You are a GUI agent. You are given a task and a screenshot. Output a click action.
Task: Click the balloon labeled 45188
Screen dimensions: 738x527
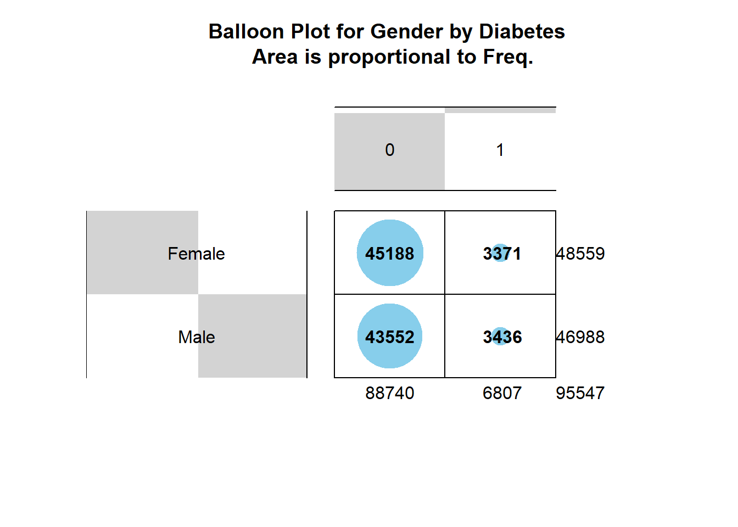(390, 253)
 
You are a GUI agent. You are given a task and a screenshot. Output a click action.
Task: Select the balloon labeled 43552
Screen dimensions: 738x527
(390, 336)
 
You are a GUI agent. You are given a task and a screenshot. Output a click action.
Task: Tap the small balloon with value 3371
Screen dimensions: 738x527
(500, 253)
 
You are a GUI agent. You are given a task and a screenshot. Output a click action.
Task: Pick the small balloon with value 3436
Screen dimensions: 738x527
(500, 336)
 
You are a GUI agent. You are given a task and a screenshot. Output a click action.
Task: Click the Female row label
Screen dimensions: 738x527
(197, 254)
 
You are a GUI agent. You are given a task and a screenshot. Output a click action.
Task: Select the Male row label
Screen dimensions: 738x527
(197, 337)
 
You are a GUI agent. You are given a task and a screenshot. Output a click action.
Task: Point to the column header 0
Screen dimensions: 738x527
(390, 150)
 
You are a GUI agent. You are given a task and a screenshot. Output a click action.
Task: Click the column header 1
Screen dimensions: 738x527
(500, 150)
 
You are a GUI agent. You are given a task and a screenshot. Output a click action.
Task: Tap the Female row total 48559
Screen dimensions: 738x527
(580, 254)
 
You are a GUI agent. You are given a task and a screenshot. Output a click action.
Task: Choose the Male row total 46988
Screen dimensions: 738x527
(580, 337)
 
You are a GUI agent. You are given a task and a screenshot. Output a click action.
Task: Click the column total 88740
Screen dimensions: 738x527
(390, 393)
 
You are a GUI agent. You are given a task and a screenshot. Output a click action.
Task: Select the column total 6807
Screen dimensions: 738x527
(502, 393)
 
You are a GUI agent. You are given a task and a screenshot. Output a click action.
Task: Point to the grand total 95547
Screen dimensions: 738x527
(580, 393)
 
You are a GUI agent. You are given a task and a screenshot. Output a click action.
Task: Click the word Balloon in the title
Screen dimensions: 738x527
(246, 32)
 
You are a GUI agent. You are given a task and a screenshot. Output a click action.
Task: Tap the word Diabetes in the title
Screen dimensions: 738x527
(522, 32)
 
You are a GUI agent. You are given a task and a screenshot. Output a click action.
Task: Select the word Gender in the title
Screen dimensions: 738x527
(407, 32)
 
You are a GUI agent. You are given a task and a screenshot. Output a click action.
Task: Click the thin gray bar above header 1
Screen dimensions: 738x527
(500, 110)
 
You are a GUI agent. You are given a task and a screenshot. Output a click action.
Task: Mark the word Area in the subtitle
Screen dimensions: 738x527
(275, 57)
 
